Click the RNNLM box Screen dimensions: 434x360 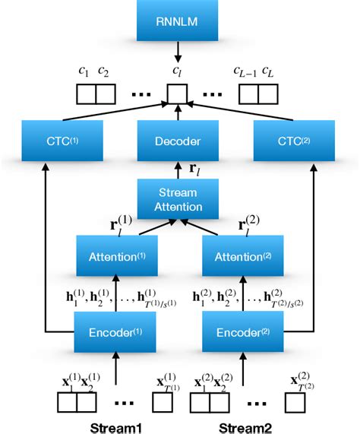click(178, 21)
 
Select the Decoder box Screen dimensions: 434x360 click(178, 141)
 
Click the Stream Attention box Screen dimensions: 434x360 click(178, 200)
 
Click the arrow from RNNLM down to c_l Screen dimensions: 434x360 click(178, 52)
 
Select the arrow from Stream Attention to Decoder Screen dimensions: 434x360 click(178, 170)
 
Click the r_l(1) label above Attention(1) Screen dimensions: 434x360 click(122, 226)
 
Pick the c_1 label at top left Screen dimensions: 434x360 click(84, 74)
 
